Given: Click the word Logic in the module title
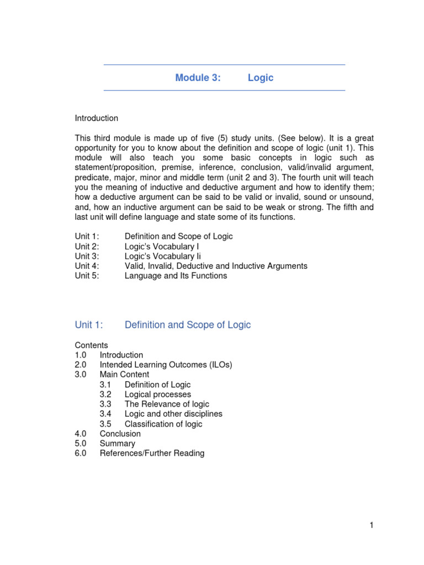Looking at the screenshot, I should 261,78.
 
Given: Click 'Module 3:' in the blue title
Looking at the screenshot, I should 198,78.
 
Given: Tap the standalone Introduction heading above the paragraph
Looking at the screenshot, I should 97,118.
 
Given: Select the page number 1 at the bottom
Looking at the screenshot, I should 372,525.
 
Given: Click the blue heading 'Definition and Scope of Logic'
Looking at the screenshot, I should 188,325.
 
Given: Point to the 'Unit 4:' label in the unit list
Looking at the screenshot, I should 87,266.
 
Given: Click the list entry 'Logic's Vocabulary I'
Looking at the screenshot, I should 162,246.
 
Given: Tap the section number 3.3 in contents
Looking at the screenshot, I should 105,404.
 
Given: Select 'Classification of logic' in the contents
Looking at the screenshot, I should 163,424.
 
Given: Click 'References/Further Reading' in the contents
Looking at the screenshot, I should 152,454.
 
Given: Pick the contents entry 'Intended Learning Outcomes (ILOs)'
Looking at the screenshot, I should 166,365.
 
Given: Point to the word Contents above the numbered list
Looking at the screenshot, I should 92,345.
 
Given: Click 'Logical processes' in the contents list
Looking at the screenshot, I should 158,395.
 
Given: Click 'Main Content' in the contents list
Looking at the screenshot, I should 124,375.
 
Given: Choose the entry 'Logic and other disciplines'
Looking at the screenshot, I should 173,414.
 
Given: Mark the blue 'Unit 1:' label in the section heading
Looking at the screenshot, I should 89,325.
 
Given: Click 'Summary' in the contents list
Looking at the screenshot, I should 117,444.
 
